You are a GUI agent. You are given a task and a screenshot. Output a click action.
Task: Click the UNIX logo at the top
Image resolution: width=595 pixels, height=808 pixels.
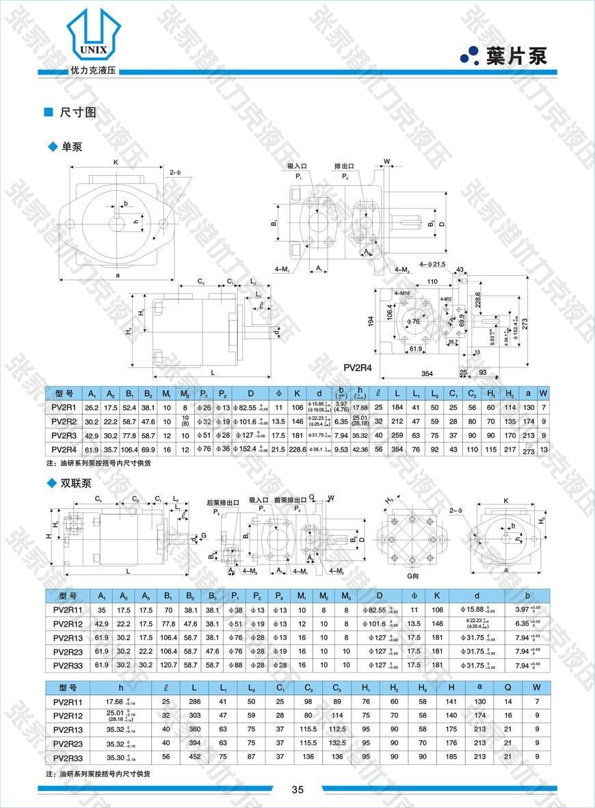(x=94, y=38)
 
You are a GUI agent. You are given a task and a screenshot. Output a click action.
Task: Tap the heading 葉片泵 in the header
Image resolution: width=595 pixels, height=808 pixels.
(x=516, y=56)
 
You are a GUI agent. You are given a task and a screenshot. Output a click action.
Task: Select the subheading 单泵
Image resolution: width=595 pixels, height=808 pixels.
(x=72, y=146)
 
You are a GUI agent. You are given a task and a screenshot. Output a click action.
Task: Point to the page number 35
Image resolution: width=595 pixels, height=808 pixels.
(x=297, y=789)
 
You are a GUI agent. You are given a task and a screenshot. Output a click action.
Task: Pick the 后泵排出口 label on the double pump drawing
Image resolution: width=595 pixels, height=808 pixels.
(x=223, y=502)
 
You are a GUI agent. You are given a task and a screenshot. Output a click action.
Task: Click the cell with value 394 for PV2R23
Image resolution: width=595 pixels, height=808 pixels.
(x=196, y=743)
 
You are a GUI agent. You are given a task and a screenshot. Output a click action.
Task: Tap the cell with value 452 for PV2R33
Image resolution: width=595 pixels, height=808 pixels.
(x=196, y=757)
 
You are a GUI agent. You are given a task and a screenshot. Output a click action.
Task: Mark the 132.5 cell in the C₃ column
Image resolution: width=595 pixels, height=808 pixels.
(x=337, y=743)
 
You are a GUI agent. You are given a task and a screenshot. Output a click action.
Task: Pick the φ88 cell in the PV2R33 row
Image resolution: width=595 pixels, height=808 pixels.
(x=235, y=664)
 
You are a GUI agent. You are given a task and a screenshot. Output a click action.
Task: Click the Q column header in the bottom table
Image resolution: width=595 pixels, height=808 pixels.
(x=507, y=688)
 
